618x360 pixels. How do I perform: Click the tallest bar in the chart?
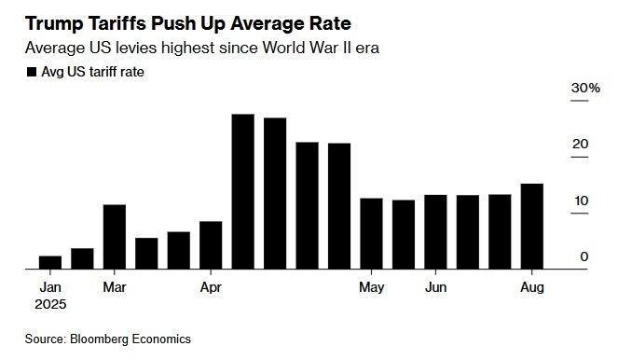[242, 191]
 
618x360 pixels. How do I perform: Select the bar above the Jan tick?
[50, 263]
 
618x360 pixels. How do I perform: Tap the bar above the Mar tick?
[115, 237]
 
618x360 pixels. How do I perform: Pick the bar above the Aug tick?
[532, 227]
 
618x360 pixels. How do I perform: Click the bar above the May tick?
[371, 233]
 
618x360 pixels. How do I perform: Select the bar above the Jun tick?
[435, 232]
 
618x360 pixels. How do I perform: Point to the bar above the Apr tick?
[211, 245]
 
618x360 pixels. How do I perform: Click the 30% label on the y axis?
[585, 88]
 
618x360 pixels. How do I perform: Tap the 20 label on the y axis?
[580, 145]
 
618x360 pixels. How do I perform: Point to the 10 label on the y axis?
[582, 201]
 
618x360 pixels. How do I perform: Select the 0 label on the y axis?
[584, 256]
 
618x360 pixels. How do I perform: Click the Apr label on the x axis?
[211, 287]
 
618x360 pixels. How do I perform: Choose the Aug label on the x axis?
[532, 287]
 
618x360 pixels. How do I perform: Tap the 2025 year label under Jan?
[50, 304]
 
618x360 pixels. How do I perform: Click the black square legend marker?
[32, 72]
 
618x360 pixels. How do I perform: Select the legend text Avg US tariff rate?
[92, 72]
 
